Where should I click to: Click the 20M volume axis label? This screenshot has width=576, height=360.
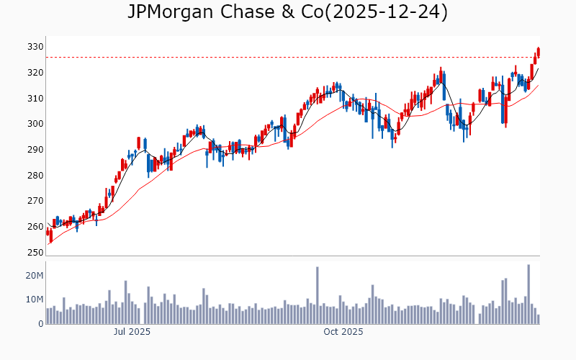(35, 276)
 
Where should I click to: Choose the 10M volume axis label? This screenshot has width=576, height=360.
(35, 300)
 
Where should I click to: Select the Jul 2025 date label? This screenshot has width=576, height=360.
(132, 332)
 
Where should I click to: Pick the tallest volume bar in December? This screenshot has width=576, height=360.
(528, 294)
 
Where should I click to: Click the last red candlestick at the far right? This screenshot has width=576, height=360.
(539, 52)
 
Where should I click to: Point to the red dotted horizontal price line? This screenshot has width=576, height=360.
(288, 58)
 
